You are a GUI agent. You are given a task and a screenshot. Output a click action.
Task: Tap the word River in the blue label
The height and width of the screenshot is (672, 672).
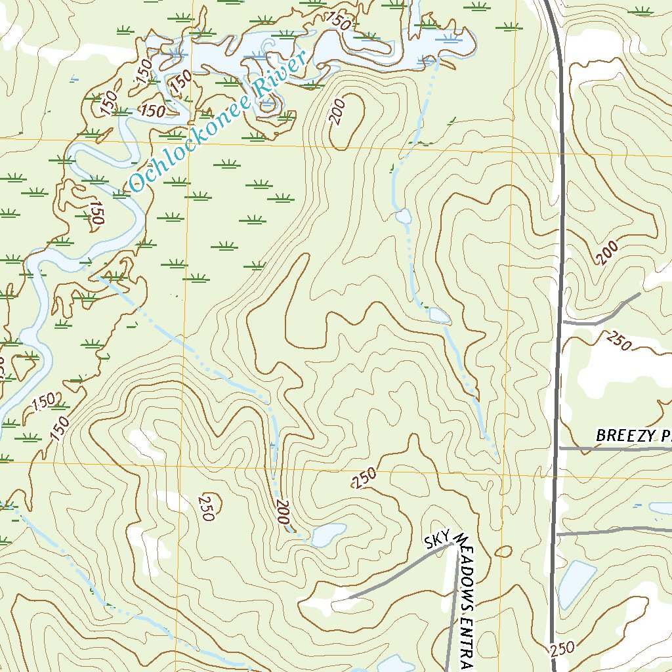[x=282, y=75]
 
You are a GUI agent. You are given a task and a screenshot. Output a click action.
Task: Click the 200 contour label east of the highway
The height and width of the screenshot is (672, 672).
[x=608, y=253]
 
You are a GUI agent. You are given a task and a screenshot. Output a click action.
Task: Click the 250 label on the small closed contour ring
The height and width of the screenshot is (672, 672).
[x=206, y=506]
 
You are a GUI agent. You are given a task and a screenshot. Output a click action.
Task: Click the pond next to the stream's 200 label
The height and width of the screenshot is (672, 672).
[x=329, y=535]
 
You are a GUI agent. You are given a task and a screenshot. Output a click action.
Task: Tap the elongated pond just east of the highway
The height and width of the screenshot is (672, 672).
[x=576, y=584]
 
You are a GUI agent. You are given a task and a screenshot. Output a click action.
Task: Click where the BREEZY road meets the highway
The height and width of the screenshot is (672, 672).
[x=559, y=448]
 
